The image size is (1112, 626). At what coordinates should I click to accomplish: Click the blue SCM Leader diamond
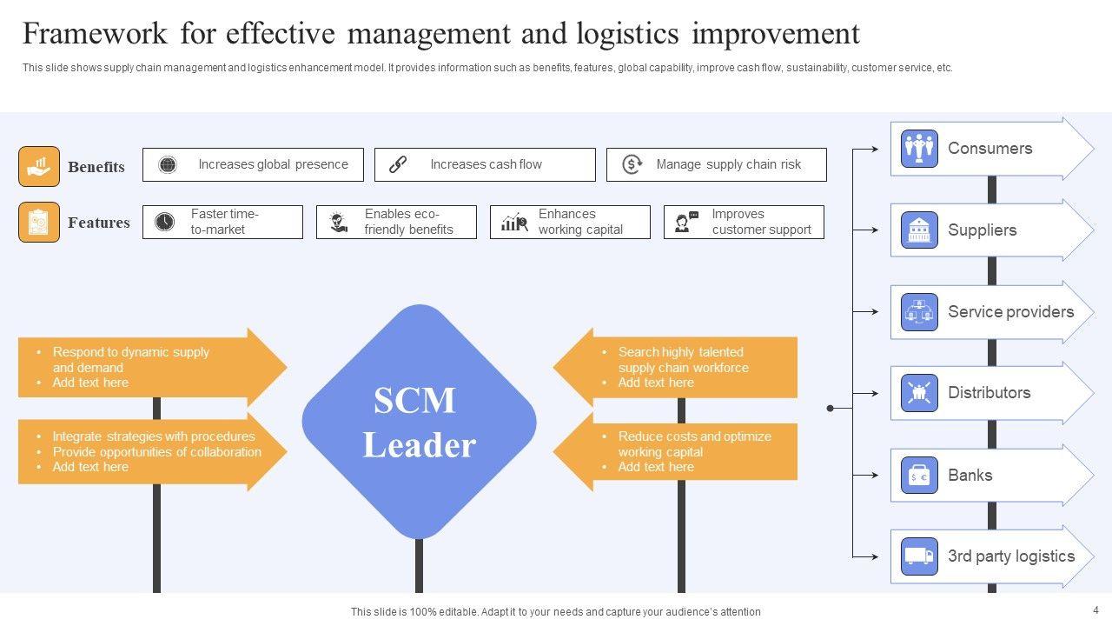419,422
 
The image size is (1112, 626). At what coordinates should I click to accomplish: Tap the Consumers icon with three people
919,149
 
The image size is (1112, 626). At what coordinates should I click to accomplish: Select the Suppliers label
982,230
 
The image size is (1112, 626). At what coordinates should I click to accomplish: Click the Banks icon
919,476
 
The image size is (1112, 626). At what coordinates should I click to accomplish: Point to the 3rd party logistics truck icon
919,556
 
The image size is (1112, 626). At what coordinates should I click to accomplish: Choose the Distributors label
989,393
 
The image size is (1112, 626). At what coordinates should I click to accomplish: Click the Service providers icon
919,312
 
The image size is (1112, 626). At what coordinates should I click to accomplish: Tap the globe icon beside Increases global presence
169,164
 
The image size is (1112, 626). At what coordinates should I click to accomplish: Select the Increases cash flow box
485,164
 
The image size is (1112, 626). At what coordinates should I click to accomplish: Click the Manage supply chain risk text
728,164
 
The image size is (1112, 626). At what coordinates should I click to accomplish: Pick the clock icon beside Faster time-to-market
164,223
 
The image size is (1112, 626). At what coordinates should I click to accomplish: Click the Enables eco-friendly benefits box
396,223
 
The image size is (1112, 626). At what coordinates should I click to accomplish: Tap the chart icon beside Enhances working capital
514,223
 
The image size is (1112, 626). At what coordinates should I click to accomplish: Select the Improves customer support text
761,223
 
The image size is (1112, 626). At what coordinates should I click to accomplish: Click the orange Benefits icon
39,166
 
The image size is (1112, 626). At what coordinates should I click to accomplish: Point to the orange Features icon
39,223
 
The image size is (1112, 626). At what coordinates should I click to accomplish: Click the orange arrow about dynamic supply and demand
148,367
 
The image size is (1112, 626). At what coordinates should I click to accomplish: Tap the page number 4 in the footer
1096,609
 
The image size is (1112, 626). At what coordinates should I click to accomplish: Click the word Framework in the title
96,34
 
